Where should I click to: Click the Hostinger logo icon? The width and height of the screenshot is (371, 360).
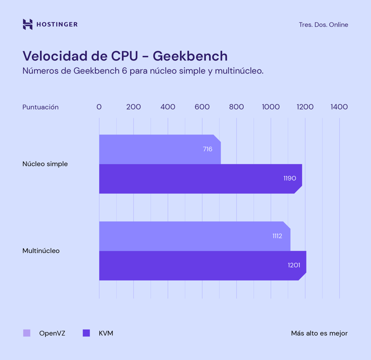point(28,24)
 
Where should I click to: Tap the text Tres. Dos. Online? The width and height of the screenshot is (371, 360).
point(323,25)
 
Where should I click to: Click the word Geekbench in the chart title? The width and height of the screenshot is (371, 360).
point(190,56)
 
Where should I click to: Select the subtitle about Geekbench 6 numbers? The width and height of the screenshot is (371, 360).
point(143,71)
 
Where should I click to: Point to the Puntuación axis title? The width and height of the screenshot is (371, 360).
point(41,107)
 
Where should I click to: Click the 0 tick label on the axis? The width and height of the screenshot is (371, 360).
point(99,107)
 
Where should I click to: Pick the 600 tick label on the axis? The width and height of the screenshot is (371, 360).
point(202,107)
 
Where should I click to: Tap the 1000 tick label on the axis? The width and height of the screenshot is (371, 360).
point(271,107)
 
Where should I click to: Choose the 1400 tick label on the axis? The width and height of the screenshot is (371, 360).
point(339,107)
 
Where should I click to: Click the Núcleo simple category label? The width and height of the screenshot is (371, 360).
point(45,164)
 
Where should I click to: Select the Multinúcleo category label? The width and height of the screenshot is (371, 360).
point(41,251)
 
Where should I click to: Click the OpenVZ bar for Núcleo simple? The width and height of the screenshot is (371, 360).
point(155,149)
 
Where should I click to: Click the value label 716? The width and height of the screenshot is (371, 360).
point(208,149)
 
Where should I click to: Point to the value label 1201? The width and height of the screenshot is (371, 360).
point(294,265)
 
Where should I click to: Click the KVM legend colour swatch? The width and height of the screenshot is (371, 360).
point(86,333)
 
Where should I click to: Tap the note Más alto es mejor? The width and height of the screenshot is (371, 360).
point(319,333)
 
